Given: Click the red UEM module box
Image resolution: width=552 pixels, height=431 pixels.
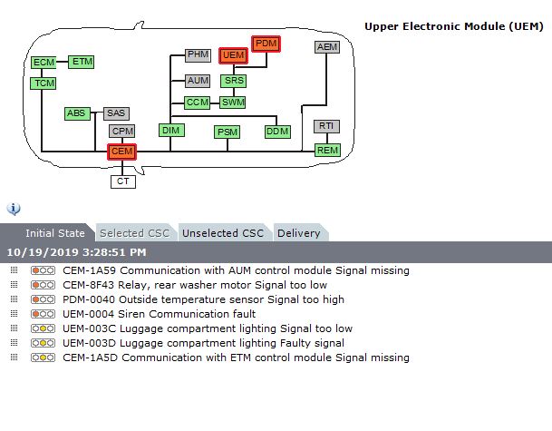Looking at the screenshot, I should click(x=234, y=56).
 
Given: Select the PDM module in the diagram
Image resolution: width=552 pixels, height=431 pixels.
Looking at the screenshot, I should click(x=266, y=44).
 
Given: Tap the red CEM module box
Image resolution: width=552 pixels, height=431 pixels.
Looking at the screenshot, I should click(x=121, y=152).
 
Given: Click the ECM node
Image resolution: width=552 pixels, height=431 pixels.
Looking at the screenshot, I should click(x=44, y=63).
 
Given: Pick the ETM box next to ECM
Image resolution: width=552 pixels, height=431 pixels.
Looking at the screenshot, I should click(x=82, y=62).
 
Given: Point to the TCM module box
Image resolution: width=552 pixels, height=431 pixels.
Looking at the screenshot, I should click(x=44, y=83).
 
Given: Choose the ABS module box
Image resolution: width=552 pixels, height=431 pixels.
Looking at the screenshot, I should click(x=77, y=113).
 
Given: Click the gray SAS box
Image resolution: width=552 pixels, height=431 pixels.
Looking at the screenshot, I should click(x=116, y=113).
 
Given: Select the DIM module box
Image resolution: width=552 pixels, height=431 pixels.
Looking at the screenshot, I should click(x=171, y=131).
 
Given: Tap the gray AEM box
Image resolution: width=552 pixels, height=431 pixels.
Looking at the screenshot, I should click(x=327, y=47).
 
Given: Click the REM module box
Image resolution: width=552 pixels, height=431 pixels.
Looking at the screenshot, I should click(x=327, y=150).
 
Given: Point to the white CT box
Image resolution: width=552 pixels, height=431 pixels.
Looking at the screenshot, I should click(x=122, y=181).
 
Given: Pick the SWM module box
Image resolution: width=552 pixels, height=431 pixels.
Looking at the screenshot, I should click(x=233, y=103).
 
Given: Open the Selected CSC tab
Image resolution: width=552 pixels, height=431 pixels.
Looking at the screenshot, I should click(x=133, y=233).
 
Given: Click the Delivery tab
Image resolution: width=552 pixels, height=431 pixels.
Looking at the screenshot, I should click(x=299, y=233).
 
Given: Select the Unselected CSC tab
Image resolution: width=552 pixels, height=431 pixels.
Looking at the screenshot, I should click(x=222, y=233).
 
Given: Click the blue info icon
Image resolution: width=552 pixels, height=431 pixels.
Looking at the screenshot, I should click(x=14, y=209).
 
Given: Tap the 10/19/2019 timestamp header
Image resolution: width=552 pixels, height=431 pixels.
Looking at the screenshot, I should click(x=76, y=252).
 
